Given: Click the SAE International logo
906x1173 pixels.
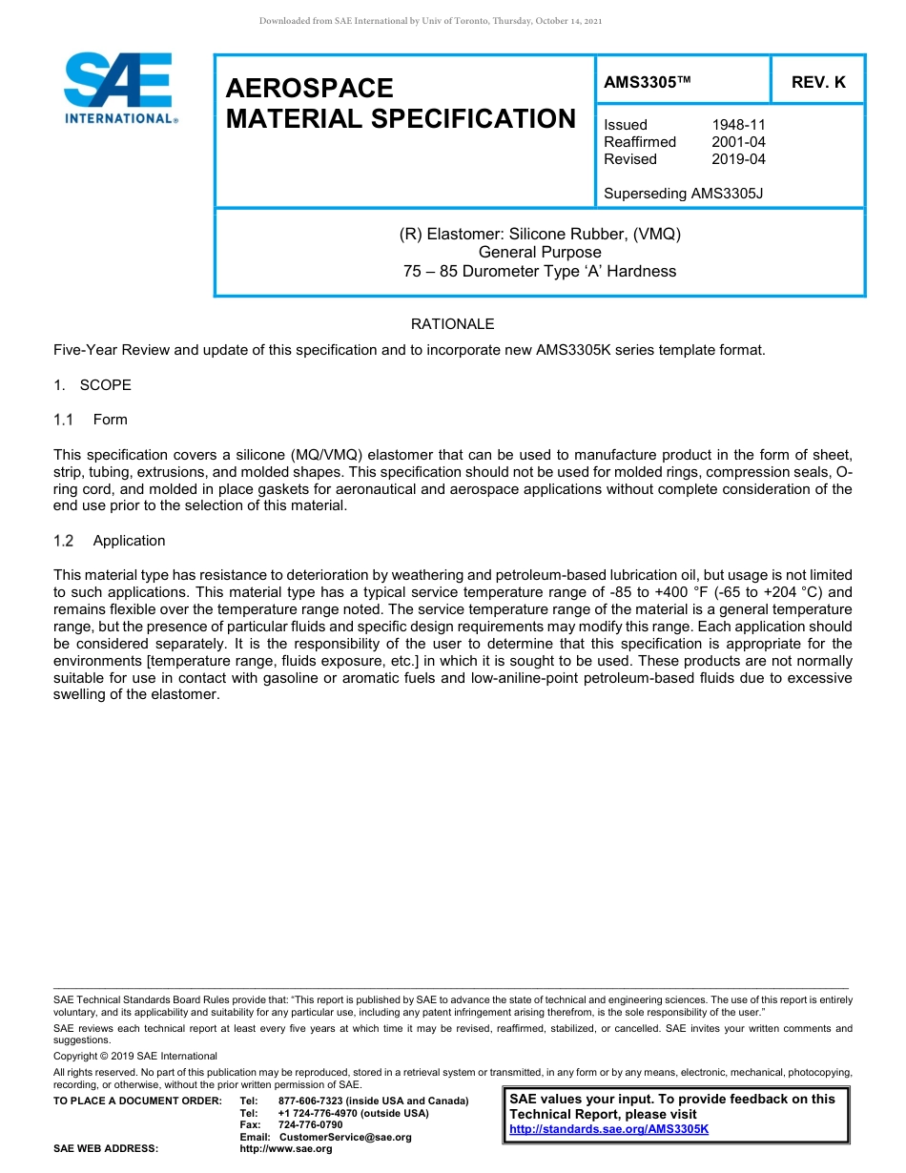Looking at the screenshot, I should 120,89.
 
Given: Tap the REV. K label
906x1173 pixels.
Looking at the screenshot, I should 818,82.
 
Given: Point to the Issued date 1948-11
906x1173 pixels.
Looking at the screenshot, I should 738,125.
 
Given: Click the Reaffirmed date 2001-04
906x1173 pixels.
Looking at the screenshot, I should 738,142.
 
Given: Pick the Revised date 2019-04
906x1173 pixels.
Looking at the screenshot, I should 738,159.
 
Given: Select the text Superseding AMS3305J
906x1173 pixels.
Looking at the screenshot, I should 683,194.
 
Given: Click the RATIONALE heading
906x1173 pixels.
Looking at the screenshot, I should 452,324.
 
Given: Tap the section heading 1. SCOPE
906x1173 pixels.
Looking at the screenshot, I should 93,385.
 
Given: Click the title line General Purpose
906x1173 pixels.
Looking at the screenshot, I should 540,253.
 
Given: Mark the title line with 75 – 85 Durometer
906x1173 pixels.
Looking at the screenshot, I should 540,272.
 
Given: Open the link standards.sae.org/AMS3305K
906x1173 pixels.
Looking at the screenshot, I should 608,1129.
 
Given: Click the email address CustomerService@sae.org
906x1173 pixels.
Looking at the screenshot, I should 345,1137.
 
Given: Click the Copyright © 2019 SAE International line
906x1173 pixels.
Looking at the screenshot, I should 135,1056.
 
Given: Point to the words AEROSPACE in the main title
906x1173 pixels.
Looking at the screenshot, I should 309,89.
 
